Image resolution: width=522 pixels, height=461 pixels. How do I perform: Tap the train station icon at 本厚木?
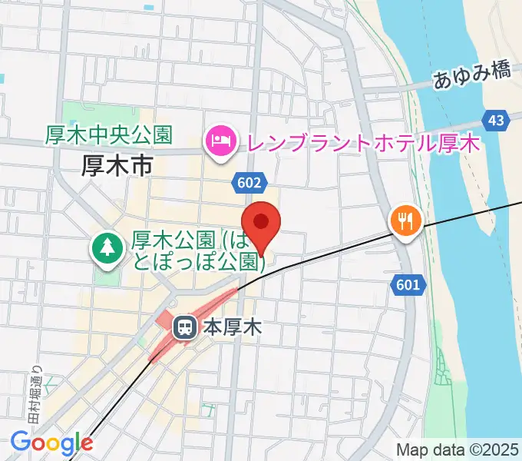pyautogui.click(x=184, y=328)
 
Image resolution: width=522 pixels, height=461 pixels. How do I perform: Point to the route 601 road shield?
pyautogui.click(x=408, y=285)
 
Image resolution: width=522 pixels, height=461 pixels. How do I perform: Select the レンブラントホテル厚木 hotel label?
pyautogui.click(x=361, y=142)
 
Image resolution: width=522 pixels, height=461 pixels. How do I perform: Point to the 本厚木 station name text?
pyautogui.click(x=233, y=328)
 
